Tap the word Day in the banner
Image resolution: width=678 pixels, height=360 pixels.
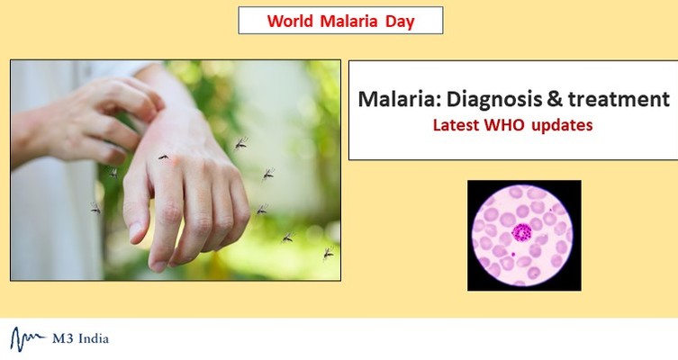tap(399, 21)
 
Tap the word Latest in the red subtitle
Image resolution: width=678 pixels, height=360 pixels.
tap(457, 125)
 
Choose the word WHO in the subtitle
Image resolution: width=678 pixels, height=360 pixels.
tap(509, 125)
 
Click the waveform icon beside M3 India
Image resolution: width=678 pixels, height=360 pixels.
tap(29, 338)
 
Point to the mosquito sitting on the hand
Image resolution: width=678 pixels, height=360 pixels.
tap(163, 157)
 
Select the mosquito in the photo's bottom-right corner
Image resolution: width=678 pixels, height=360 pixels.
tap(328, 253)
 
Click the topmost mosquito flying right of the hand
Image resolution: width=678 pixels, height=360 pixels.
tap(241, 142)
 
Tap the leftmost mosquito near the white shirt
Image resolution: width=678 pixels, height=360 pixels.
tap(95, 208)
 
